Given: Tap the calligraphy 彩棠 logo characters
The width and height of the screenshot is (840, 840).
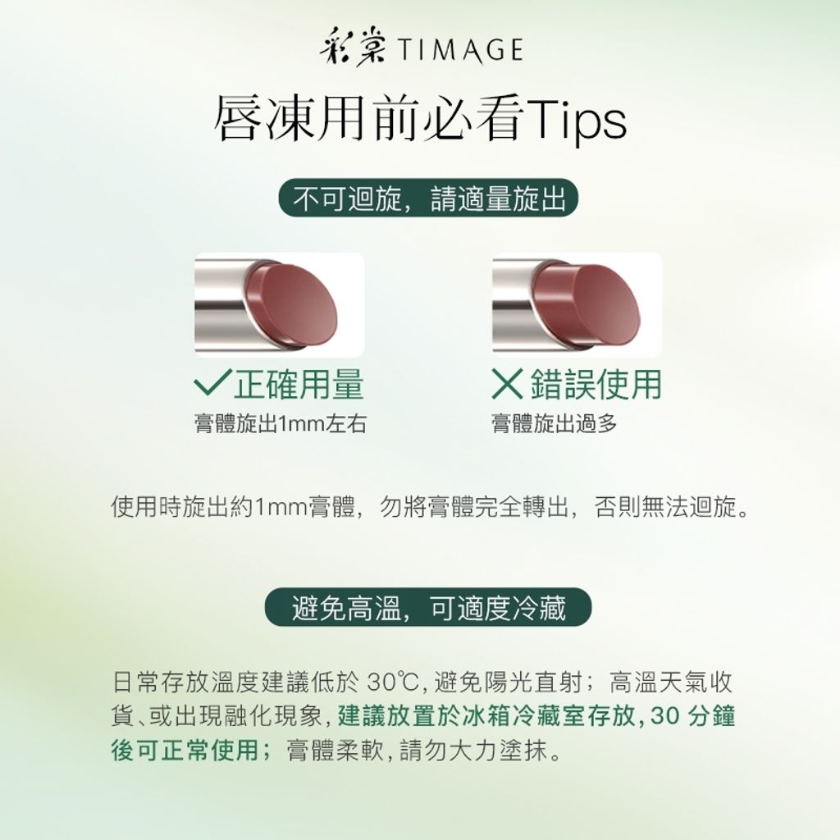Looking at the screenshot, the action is pos(353,50).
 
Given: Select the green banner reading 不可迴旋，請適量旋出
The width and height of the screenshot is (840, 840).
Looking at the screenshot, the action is pos(428,198).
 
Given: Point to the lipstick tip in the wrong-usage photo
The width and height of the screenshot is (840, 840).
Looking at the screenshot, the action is pos(595,304).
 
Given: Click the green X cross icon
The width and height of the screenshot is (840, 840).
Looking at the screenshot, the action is pos(507,384).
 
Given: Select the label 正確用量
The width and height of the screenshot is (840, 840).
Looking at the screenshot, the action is pos(299,384).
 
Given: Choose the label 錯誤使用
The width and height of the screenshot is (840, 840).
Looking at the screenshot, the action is pos(596,384).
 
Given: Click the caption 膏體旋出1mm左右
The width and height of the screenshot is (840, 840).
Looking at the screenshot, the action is pos(281,424).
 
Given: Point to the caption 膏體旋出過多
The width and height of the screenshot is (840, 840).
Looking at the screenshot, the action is pos(555,424).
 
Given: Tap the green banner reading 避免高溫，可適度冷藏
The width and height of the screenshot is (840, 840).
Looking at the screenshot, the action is pos(428,607).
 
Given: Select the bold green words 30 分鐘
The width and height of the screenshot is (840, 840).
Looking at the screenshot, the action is pos(692,716).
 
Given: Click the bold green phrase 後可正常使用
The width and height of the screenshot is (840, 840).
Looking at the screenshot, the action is pos(186,750).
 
